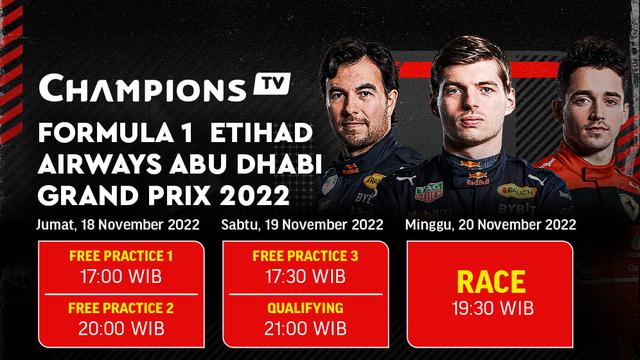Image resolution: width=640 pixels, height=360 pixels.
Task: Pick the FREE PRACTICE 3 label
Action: pos(306,257)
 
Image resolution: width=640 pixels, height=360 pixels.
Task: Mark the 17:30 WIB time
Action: pos(306,277)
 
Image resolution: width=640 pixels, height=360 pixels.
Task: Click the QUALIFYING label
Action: pos(306,308)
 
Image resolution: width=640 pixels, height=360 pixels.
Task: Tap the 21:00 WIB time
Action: pos(306,328)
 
